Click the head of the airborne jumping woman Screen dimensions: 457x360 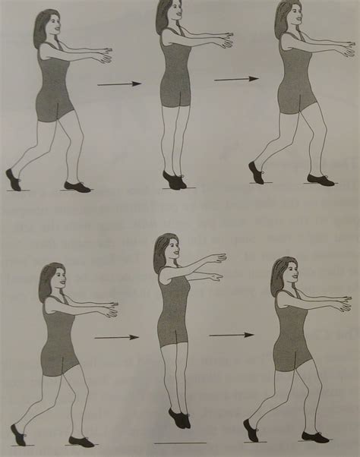click(x=165, y=249)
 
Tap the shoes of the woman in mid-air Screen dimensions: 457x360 click(x=179, y=418)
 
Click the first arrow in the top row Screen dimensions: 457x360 click(x=119, y=84)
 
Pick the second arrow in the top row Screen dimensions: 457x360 click(x=236, y=78)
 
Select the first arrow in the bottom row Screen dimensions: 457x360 click(x=117, y=336)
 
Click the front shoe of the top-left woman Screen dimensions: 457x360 click(x=77, y=186)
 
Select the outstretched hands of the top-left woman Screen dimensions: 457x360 click(x=103, y=55)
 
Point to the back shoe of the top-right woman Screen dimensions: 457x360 click(x=256, y=172)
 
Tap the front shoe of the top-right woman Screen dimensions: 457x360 click(x=320, y=180)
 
